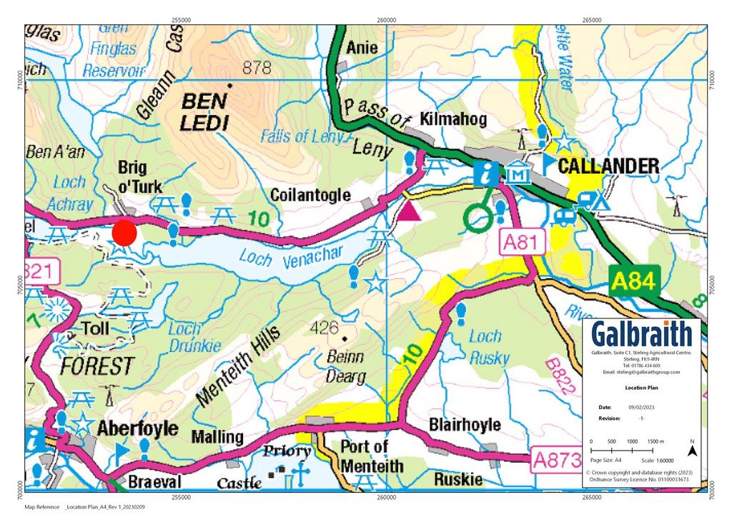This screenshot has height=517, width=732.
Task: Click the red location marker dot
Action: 124,234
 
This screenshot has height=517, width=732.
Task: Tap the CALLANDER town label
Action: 608,166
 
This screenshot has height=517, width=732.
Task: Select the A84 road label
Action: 632,281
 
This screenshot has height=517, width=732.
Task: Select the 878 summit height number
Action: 257,68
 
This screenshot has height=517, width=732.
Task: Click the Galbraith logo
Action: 641,334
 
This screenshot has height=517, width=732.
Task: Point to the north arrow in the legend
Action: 691,449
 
